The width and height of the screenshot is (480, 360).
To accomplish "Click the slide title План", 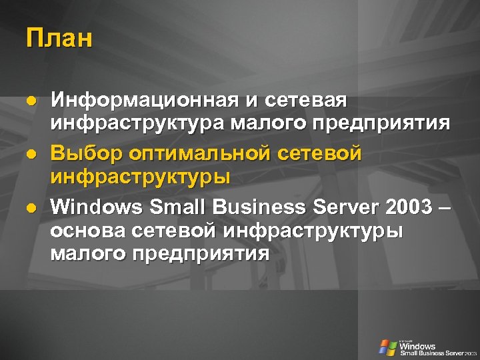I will point(59,39).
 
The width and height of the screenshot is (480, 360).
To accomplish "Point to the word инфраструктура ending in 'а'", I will point(138,123).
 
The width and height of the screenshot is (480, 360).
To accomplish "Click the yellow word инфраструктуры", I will point(141,177).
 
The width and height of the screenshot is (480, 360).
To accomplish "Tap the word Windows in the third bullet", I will point(97,207).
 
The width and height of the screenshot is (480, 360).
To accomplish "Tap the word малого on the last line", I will point(88,253).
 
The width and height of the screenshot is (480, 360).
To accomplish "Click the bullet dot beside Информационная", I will point(30,101).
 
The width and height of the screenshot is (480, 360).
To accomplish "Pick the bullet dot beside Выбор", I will point(30,154).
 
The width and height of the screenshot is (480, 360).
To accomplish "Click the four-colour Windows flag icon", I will point(387,347).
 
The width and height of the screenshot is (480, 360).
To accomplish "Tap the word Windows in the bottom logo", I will point(417,346).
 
